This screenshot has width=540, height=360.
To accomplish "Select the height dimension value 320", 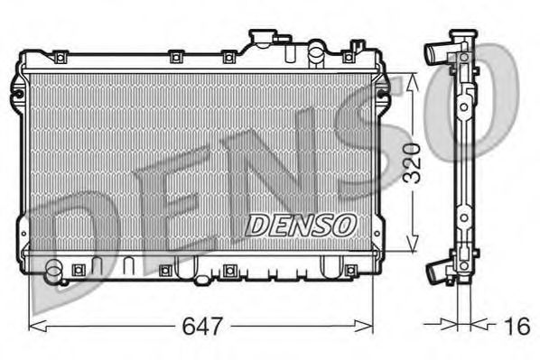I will (x=412, y=162).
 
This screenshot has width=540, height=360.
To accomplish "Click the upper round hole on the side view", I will (x=464, y=106).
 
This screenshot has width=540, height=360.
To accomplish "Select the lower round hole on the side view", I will (x=464, y=217).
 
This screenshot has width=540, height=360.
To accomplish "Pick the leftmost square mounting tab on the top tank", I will (x=59, y=58).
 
